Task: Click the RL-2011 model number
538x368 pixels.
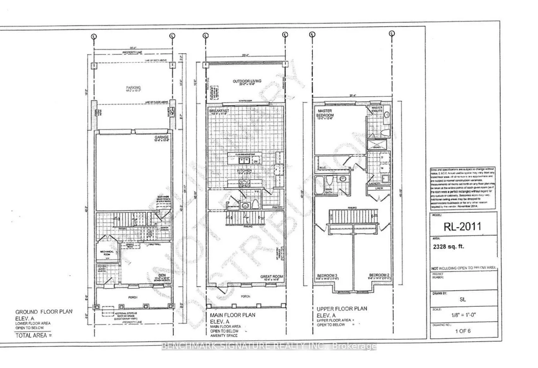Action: point(462,226)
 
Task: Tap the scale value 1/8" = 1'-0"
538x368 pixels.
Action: point(461,314)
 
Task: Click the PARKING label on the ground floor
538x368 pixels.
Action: point(133,87)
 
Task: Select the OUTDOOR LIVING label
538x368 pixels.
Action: point(247,81)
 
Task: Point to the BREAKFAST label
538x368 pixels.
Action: point(219,111)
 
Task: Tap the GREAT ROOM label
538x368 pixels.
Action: point(271,276)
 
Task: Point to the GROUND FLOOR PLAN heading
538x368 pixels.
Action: point(44,312)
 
